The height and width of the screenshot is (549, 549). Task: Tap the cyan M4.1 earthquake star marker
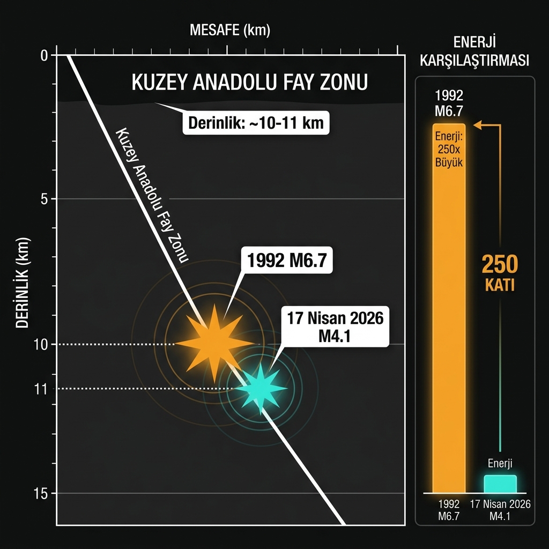coord(262,388)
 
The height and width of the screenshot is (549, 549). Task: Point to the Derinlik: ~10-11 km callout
coord(256,123)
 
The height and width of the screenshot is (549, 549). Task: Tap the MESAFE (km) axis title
coord(230,31)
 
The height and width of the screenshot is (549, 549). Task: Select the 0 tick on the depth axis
coord(44,55)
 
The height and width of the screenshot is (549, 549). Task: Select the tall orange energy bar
coord(449,322)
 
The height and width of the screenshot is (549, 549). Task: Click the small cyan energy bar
coord(500,484)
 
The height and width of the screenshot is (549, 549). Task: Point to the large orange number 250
coord(500,264)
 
